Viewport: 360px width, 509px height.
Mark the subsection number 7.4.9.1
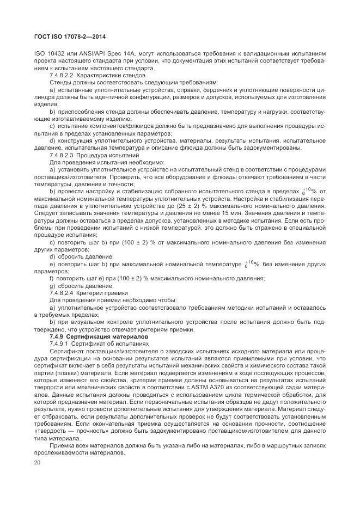click(x=60, y=344)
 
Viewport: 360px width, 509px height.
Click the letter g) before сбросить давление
click(x=53, y=286)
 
